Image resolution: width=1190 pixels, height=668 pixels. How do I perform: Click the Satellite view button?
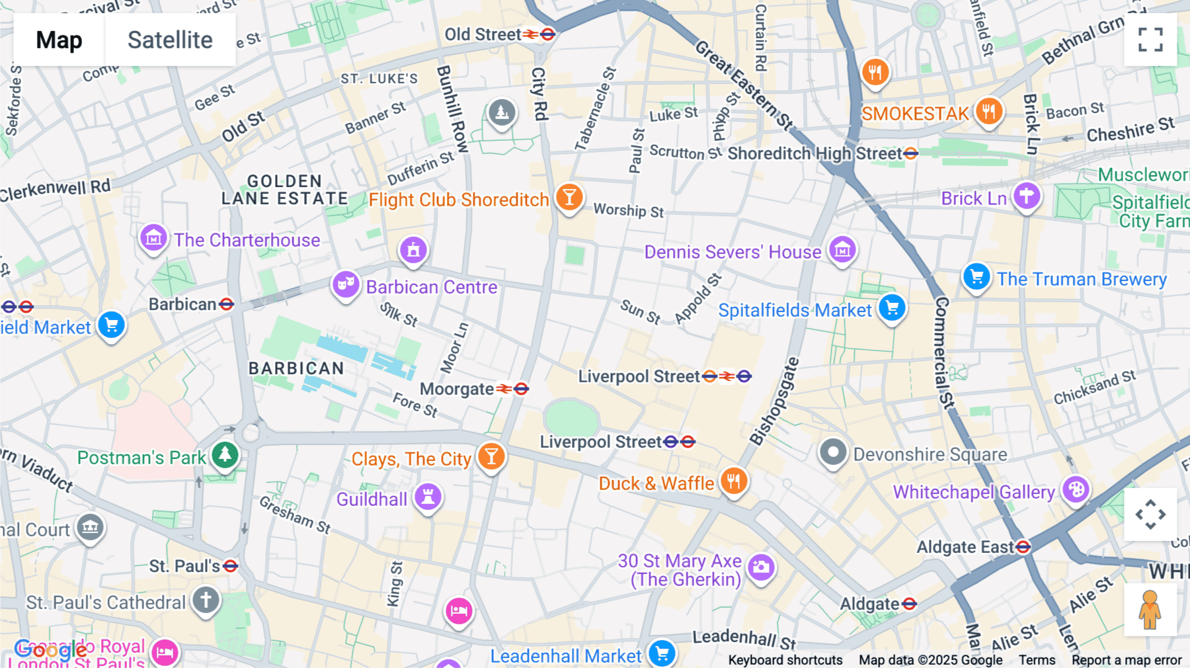click(x=170, y=40)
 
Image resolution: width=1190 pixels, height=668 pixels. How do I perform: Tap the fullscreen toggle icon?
click(x=1150, y=40)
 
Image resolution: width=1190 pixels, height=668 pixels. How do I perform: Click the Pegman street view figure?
click(x=1150, y=609)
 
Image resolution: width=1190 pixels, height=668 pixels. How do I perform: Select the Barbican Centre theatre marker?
click(x=346, y=285)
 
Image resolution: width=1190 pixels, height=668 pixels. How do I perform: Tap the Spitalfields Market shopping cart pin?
click(x=892, y=308)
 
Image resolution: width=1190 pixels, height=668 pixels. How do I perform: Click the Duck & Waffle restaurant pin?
click(x=734, y=481)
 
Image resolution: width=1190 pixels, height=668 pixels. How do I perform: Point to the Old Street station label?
click(x=483, y=34)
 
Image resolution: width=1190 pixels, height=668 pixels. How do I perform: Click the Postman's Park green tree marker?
click(x=225, y=455)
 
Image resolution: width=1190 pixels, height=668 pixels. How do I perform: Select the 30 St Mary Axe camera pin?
click(x=761, y=567)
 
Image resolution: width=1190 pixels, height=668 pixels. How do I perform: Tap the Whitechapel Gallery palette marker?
click(x=1076, y=490)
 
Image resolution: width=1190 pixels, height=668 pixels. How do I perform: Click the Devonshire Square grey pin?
click(x=833, y=453)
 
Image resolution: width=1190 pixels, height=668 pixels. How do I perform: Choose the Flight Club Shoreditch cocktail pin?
click(x=569, y=197)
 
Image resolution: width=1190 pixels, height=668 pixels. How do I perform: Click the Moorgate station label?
click(x=456, y=389)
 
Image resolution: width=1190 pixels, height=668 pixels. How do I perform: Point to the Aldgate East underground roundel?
click(x=1023, y=547)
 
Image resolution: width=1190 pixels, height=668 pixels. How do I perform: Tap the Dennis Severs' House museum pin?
click(x=842, y=250)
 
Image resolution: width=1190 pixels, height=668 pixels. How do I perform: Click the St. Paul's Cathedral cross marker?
click(x=206, y=601)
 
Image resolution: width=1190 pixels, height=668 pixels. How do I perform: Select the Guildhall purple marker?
click(x=428, y=496)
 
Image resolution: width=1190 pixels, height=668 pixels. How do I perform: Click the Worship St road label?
click(x=628, y=210)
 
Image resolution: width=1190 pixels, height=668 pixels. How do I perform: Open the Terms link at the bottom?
click(x=1037, y=659)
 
